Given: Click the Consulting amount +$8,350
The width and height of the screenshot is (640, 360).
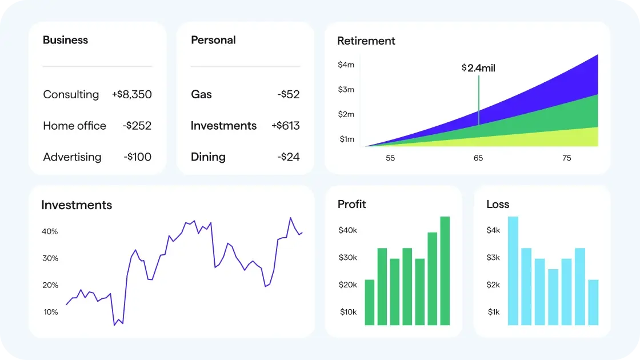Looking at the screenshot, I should tap(131, 94).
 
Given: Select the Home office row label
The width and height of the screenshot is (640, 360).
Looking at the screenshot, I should tap(74, 126).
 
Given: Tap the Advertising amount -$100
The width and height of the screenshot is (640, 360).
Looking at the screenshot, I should tap(137, 157).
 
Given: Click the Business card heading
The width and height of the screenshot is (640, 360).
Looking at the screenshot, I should tap(65, 40).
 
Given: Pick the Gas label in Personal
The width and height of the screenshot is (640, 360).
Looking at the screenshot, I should tap(201, 94).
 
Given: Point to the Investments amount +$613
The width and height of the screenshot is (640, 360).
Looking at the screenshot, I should tap(285, 126).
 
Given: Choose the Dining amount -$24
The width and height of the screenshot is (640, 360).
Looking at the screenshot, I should tap(288, 157).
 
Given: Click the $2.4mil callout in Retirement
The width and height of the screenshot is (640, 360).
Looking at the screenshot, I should tap(478, 68).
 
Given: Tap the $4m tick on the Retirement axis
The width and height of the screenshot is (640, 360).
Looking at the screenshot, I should tap(346, 65).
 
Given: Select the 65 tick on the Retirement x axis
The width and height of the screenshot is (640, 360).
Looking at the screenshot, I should tap(478, 158).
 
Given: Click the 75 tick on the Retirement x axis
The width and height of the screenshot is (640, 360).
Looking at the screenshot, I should tap(566, 158).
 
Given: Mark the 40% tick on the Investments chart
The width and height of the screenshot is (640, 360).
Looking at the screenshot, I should tap(50, 231).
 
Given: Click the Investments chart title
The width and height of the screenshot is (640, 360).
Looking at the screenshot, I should tap(77, 205).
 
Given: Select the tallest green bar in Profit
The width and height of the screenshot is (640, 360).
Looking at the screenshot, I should tap(445, 271).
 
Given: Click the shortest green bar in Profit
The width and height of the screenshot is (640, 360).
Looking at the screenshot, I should tap(370, 302).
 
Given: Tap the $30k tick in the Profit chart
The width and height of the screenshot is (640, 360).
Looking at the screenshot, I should tap(347, 258).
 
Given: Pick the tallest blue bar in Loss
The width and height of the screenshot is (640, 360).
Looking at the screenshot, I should tap(513, 271).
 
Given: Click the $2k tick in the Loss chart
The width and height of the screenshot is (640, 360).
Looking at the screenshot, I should tap(493, 285).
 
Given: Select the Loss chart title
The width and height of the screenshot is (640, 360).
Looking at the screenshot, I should tap(497, 205).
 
